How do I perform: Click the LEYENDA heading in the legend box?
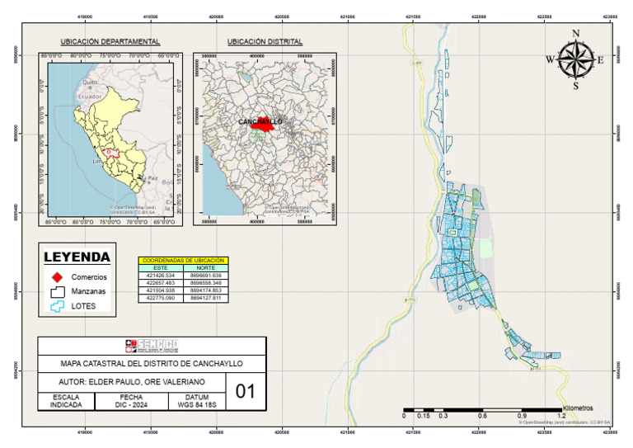(x=77, y=257)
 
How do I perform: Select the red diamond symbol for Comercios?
(x=57, y=276)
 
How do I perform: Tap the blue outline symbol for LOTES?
(x=57, y=305)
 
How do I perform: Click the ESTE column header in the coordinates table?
(x=161, y=268)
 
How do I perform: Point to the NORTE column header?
(x=206, y=268)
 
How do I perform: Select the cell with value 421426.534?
(x=161, y=275)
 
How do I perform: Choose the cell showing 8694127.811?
(x=206, y=297)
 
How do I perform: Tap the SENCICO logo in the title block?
(x=152, y=345)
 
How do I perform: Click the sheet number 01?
(x=246, y=391)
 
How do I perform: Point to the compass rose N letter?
(x=576, y=34)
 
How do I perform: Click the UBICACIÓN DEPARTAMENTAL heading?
(x=110, y=41)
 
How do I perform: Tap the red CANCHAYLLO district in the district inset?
(x=263, y=126)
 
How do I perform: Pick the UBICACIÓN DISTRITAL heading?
(x=265, y=41)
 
